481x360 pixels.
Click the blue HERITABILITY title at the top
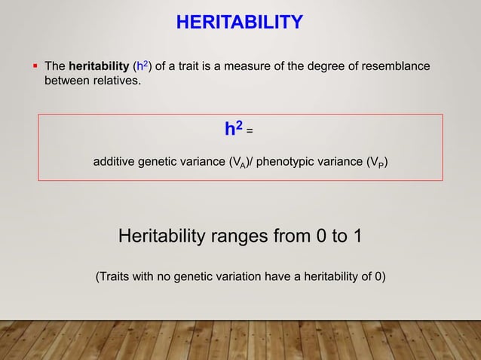coord(240,23)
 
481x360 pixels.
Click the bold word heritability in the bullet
coord(99,67)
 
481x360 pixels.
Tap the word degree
coord(332,67)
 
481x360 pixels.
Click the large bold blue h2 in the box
coord(234,130)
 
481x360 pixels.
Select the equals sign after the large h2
coord(250,132)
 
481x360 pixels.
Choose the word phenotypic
coord(290,163)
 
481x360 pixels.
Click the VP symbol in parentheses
coord(375,163)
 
